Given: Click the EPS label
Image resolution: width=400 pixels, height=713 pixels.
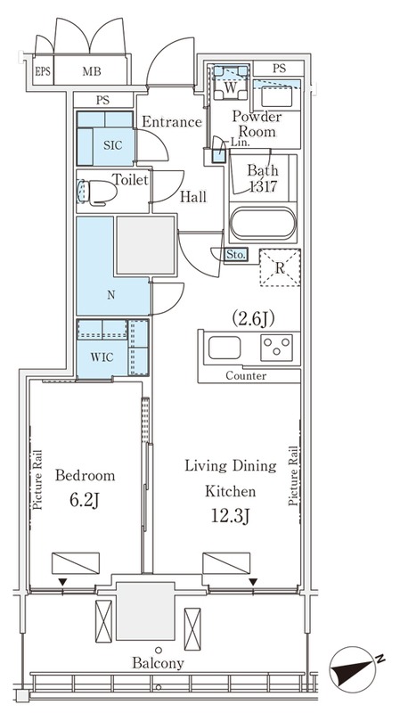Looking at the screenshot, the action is pyautogui.click(x=43, y=71).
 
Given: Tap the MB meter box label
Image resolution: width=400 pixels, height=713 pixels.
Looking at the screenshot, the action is pyautogui.click(x=92, y=71).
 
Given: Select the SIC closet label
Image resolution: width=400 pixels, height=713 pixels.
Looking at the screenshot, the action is pyautogui.click(x=113, y=145).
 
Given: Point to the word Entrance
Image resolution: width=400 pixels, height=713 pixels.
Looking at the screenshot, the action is pyautogui.click(x=171, y=122).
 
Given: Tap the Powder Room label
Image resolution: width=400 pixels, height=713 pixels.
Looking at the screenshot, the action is pyautogui.click(x=257, y=124).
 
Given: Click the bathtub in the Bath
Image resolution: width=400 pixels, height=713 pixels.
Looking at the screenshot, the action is pyautogui.click(x=263, y=224).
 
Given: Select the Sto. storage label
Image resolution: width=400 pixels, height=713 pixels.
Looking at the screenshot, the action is pyautogui.click(x=235, y=254).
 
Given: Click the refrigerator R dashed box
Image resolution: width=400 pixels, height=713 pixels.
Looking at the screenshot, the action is pyautogui.click(x=280, y=267).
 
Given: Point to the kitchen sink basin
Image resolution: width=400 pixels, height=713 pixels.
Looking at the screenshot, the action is pyautogui.click(x=224, y=348).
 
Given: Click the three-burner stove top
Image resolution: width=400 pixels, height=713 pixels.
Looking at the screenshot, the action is pyautogui.click(x=276, y=348).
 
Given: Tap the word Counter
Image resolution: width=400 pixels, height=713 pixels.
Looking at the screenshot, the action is pyautogui.click(x=246, y=376).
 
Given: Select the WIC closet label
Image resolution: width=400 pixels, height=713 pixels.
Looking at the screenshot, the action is pyautogui.click(x=102, y=357).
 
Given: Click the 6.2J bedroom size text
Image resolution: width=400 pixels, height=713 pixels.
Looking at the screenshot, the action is pyautogui.click(x=85, y=501).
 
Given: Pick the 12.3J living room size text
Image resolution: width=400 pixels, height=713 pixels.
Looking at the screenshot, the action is pyautogui.click(x=230, y=517).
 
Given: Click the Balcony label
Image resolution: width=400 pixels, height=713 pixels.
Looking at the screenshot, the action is pyautogui.click(x=159, y=663).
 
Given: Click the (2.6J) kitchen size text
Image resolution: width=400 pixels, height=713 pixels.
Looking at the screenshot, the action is pyautogui.click(x=253, y=320).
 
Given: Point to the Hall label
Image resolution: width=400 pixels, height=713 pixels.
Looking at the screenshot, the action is pyautogui.click(x=193, y=196).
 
